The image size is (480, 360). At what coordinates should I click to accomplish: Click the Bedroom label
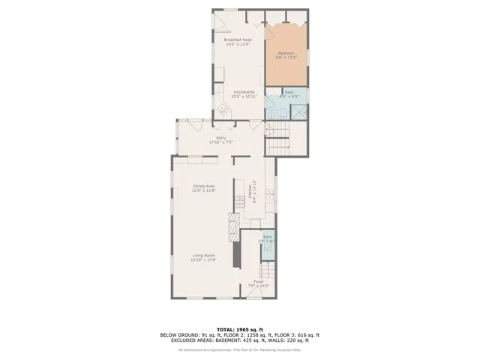(286, 52)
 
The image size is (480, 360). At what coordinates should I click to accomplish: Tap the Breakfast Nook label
(238, 40)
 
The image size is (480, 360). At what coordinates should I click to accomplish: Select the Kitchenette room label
(244, 92)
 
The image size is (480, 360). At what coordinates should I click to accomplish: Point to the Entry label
(221, 138)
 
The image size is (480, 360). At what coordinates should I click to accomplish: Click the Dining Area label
(204, 186)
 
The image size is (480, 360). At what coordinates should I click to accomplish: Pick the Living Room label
(204, 256)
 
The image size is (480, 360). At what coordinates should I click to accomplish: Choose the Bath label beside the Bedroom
(289, 92)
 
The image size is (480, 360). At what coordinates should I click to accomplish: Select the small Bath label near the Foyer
(267, 237)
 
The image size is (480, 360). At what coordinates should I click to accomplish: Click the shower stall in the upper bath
(298, 111)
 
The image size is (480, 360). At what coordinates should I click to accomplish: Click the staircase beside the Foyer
(268, 268)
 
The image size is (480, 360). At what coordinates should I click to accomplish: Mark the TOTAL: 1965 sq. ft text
(240, 329)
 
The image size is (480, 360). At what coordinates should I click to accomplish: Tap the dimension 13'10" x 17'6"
(204, 260)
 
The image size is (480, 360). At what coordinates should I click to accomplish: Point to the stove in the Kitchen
(240, 198)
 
